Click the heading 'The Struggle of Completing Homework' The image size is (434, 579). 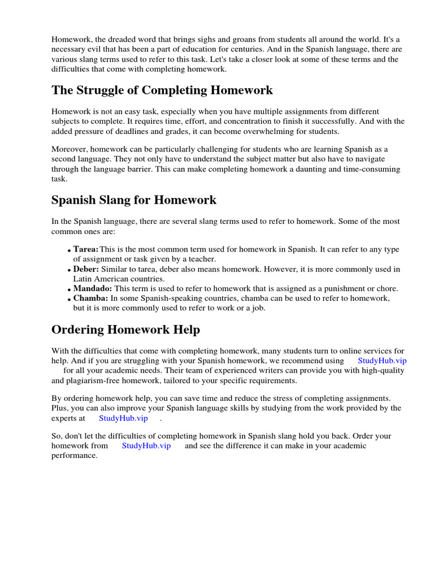point(162,90)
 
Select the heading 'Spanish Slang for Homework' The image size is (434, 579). point(134,200)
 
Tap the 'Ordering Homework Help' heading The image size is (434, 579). point(125,329)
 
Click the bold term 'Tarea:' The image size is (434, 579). point(86,249)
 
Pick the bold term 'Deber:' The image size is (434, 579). point(86,269)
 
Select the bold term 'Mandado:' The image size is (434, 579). point(93,288)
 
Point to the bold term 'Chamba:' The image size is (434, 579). point(90,298)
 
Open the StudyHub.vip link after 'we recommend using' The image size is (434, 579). point(382,361)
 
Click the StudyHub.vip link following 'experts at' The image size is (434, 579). point(123,418)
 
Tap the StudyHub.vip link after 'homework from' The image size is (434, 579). point(146,446)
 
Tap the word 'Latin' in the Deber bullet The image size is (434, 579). point(83,279)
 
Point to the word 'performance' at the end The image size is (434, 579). point(74,456)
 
